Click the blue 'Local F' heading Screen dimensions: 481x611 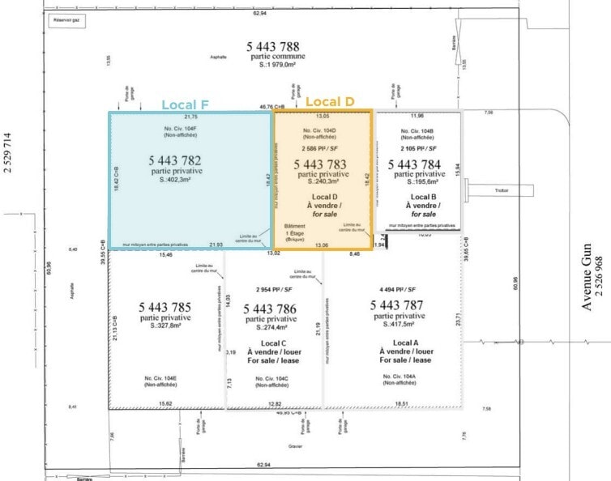[x=185, y=104]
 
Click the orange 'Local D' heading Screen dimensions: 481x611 [x=331, y=101]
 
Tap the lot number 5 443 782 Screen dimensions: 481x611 [x=175, y=160]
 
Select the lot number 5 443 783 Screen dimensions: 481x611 [x=323, y=164]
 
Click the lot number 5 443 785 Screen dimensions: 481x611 [x=164, y=308]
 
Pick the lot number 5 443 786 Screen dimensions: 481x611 [x=273, y=309]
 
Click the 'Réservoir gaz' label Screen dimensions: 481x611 [x=66, y=17]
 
